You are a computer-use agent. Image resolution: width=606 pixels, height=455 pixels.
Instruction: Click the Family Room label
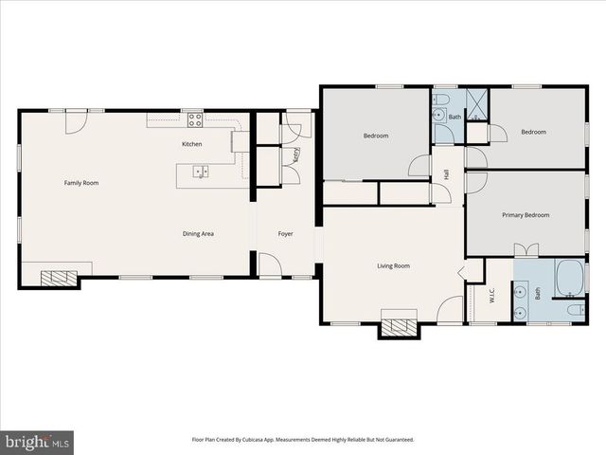pos(81,182)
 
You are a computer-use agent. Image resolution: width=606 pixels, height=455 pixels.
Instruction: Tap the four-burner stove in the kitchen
pos(195,119)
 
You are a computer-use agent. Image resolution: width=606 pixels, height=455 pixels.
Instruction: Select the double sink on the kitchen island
pos(201,172)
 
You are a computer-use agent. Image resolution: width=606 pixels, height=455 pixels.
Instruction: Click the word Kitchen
pos(192,144)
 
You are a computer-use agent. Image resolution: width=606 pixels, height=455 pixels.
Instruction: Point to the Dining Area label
pos(198,233)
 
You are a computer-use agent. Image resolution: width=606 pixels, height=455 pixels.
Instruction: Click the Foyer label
pos(285,233)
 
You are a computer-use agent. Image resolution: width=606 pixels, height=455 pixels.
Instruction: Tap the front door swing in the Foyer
pos(270,264)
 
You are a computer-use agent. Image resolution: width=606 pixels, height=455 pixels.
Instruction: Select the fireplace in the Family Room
pos(59,278)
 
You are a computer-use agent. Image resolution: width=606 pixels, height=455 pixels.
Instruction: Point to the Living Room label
pos(394,266)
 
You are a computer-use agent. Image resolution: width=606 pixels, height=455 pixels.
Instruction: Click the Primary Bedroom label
pos(526,215)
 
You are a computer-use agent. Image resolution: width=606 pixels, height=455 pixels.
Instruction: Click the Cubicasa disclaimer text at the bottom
pos(303,440)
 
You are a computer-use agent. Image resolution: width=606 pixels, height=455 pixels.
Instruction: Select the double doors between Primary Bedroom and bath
pos(526,250)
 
